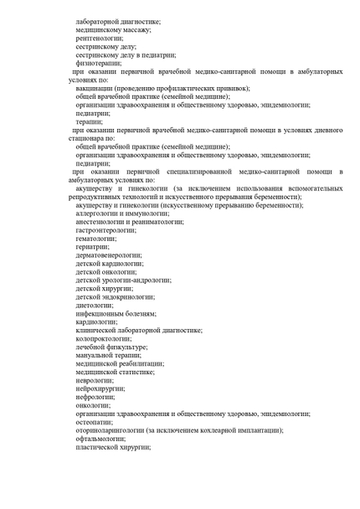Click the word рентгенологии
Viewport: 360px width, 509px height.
99,39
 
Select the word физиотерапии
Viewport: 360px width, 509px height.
97,62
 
